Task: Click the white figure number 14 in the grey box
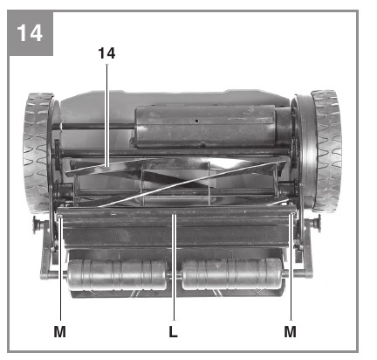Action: tap(30, 33)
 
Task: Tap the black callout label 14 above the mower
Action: tap(106, 53)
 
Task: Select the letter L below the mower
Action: tap(174, 331)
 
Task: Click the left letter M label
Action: tap(60, 331)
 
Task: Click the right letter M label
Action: tap(291, 331)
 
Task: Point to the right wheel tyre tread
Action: tap(326, 151)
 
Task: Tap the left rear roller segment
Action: tap(118, 275)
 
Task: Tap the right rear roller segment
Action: tap(232, 273)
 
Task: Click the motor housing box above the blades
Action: tap(205, 127)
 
